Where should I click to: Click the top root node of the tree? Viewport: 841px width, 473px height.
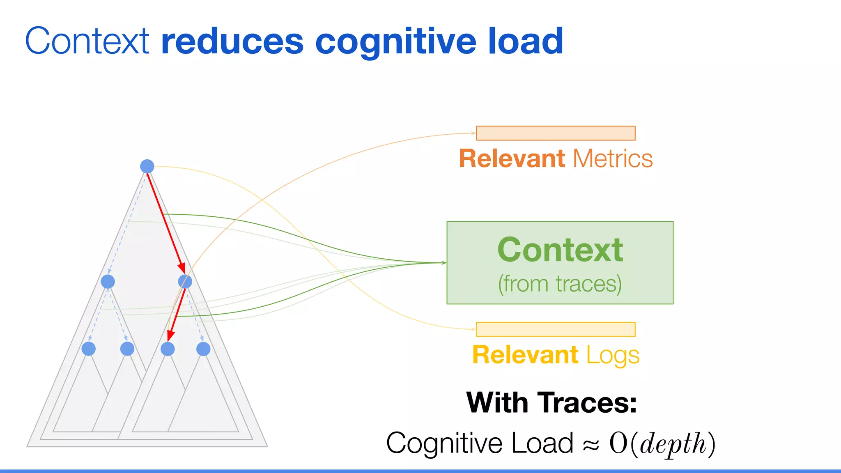coord(147,166)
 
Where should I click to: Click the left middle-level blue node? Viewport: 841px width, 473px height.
coord(108,282)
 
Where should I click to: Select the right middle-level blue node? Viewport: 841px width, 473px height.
coord(185,282)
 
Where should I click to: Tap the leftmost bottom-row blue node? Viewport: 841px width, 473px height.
coord(89,349)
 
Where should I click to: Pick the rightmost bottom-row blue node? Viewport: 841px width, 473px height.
coord(203,349)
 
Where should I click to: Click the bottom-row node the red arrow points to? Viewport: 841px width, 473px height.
coord(168,349)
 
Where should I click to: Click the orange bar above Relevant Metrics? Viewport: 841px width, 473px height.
coord(556,133)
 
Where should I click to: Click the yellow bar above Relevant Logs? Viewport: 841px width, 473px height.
coord(556,329)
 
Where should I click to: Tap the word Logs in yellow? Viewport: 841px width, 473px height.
coord(612,356)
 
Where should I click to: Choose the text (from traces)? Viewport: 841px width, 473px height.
coord(560,284)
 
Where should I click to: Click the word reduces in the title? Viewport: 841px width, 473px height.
coord(232,41)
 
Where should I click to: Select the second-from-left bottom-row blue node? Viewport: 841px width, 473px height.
coord(127,349)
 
